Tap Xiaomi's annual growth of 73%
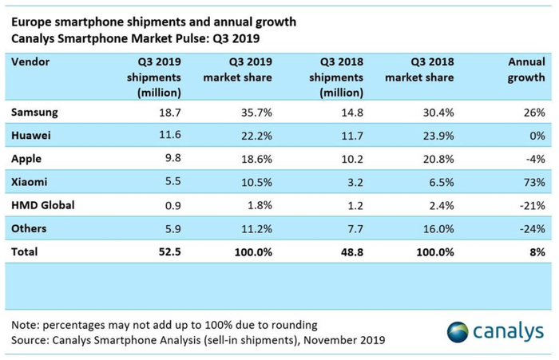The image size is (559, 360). click(x=534, y=182)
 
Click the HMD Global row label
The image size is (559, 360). click(x=43, y=205)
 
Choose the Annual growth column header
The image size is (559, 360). click(x=526, y=69)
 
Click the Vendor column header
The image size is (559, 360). click(x=29, y=61)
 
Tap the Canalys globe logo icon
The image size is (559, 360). click(x=458, y=331)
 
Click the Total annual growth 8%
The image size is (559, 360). click(x=537, y=251)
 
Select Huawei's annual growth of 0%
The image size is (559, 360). click(x=537, y=136)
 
